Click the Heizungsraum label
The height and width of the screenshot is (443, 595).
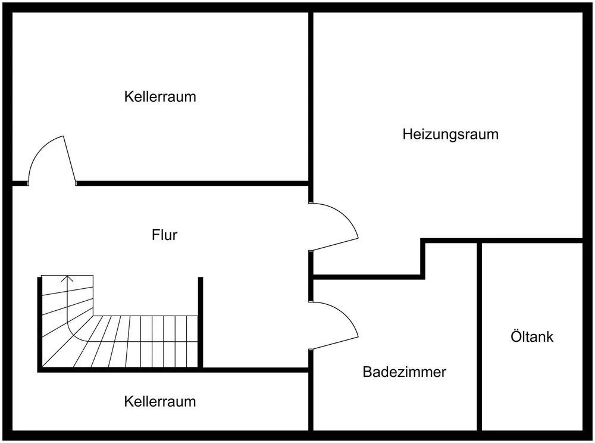click(x=450, y=134)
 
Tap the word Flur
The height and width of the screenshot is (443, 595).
click(x=164, y=235)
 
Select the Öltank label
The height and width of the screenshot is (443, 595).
click(x=531, y=336)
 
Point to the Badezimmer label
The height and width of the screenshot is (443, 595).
click(x=404, y=373)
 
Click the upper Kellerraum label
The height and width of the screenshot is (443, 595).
click(x=159, y=96)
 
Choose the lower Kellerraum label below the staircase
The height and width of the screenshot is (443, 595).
click(x=159, y=401)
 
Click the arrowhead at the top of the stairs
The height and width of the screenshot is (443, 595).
click(x=68, y=277)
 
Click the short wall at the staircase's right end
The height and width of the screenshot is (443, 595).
click(x=201, y=322)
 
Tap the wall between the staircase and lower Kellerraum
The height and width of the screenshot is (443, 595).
click(x=256, y=370)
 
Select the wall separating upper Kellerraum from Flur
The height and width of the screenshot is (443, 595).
click(x=190, y=183)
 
